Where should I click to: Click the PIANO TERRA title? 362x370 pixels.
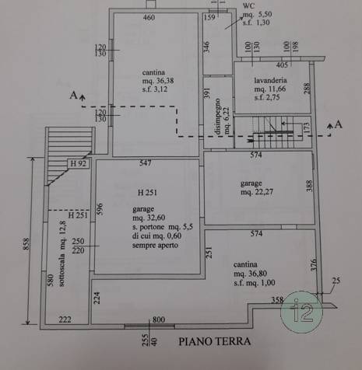point(215,341)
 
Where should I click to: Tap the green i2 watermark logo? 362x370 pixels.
point(301,312)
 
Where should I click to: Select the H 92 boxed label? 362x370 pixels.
point(78,163)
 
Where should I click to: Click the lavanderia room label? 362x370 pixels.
point(270,80)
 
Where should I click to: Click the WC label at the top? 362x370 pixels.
point(248,5)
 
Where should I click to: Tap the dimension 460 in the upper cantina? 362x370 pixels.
point(149,17)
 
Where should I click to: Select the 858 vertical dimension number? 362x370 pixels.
point(26,244)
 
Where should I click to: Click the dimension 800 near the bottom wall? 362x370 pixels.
point(159,319)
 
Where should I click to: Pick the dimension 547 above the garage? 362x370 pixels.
point(145,162)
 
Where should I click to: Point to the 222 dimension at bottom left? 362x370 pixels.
point(65,319)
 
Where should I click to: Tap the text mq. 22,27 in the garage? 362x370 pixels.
point(257,192)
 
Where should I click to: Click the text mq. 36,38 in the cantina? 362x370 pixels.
point(158,81)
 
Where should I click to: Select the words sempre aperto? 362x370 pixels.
point(155,245)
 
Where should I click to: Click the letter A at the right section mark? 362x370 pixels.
point(339,124)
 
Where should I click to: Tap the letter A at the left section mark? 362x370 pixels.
point(73,96)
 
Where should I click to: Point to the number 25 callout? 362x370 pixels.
point(336,281)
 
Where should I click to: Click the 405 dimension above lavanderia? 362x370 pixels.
point(282,65)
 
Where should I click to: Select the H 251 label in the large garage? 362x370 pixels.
point(147,193)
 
